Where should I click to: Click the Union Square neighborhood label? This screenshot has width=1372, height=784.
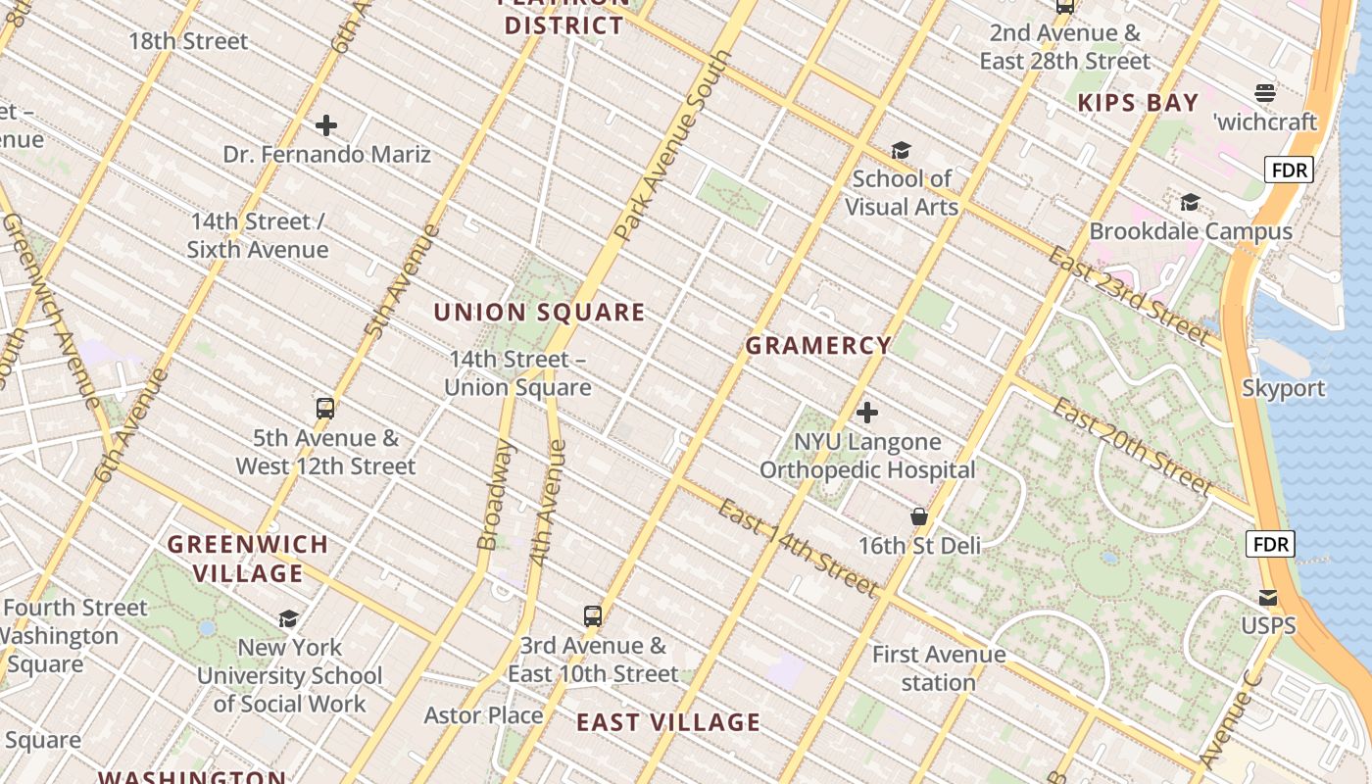pos(539,313)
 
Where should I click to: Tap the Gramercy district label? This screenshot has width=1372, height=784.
pos(818,346)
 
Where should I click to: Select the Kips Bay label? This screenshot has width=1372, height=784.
pos(1138,103)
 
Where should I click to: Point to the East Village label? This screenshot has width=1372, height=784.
pos(667,723)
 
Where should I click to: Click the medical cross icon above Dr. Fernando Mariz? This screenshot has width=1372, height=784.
pos(326,125)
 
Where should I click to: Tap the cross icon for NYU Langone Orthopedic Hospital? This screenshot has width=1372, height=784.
pos(867,413)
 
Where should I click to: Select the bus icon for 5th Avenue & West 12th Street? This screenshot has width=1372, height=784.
pos(325,409)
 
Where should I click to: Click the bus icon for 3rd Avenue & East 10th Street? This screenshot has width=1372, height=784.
pos(593,616)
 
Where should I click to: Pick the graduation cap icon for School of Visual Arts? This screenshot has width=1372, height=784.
pos(901,150)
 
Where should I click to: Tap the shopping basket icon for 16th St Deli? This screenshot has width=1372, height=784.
pos(919,516)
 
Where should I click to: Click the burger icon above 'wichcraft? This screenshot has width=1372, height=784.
pos(1265,93)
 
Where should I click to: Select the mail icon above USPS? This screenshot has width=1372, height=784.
pos(1268,597)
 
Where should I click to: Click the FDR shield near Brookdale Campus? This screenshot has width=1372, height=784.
pos(1288,171)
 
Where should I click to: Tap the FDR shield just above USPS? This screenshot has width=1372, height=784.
pos(1270,544)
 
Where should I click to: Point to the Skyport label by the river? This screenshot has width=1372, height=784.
pos(1283,388)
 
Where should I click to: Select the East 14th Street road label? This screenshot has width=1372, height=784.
pos(797,548)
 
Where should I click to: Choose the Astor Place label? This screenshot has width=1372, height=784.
pos(483,715)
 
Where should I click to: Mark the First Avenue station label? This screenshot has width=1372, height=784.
pos(938,668)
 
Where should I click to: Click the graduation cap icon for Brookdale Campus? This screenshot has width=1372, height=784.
pos(1190,202)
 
